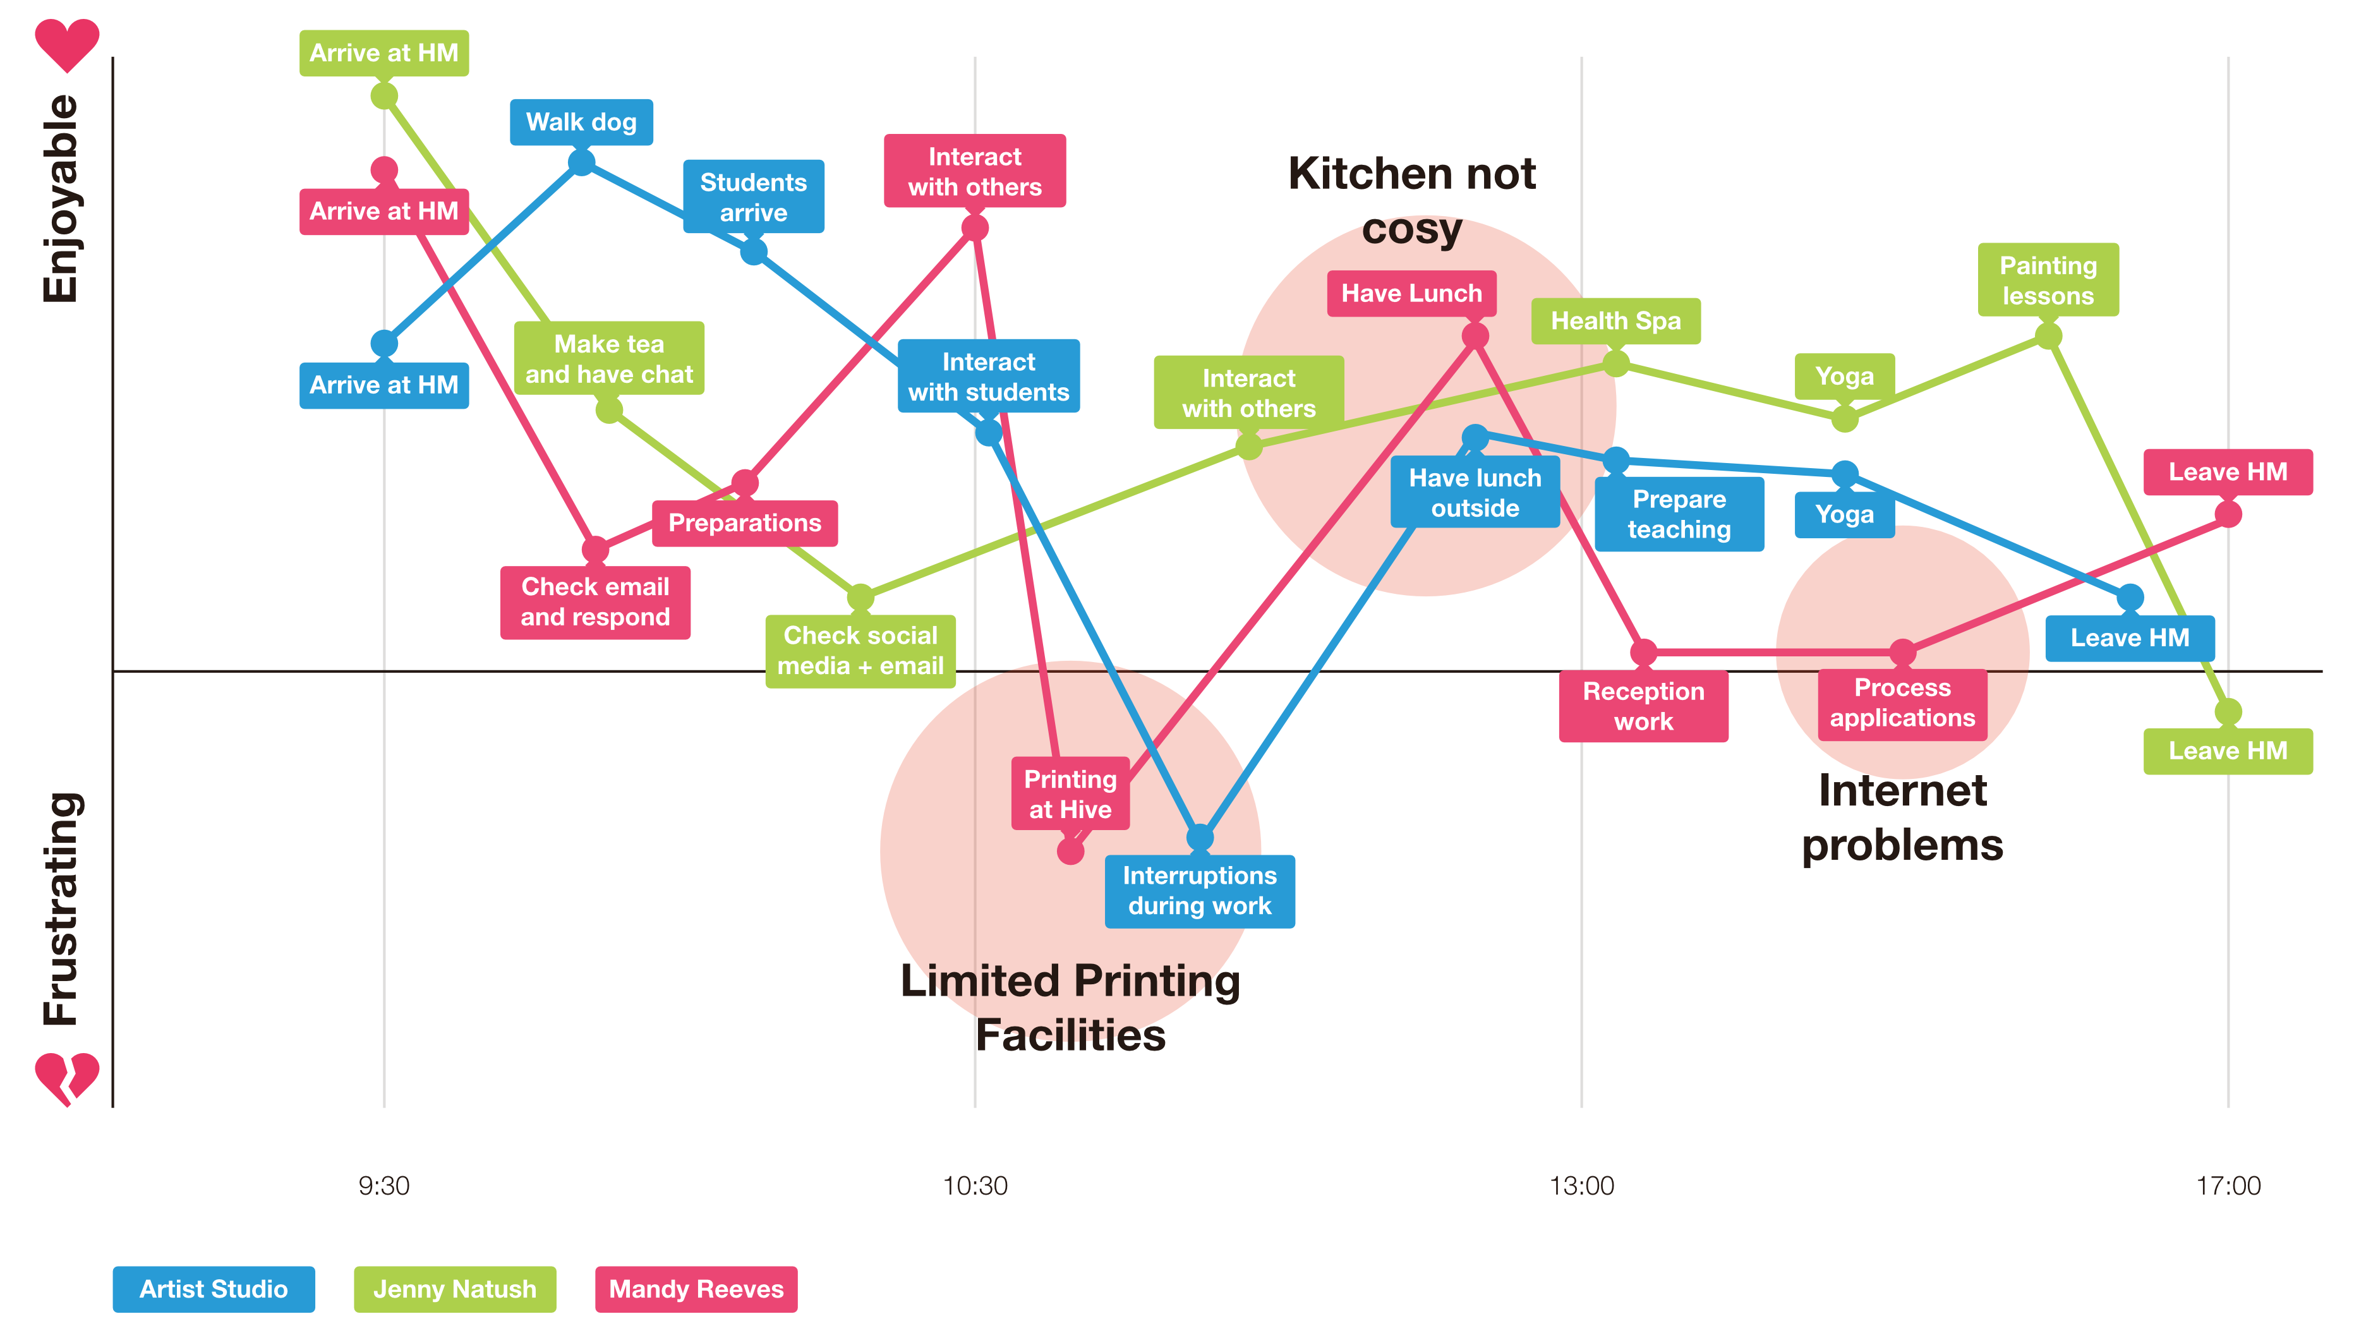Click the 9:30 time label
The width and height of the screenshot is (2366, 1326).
[384, 1186]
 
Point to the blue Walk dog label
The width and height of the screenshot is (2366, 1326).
[581, 122]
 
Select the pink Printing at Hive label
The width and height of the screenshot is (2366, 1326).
[1070, 793]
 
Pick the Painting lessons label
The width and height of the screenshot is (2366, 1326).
[2048, 280]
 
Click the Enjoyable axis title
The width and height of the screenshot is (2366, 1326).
[61, 198]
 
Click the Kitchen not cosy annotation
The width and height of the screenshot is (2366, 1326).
[1411, 200]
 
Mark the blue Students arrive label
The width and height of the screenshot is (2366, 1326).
[753, 196]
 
